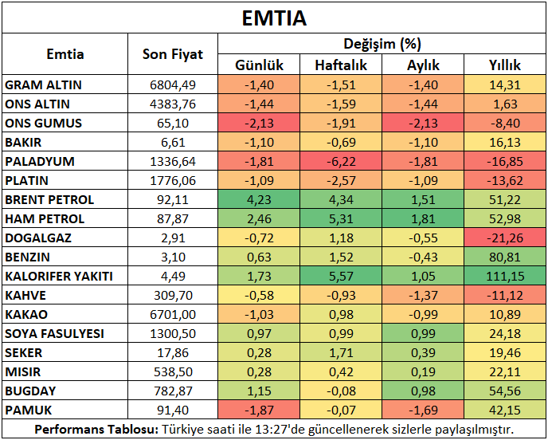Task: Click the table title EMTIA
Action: coord(274,18)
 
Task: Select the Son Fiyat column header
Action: coord(173,54)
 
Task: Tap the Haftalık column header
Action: coord(341,65)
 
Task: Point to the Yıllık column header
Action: coord(505,65)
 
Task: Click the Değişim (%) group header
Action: coord(382,44)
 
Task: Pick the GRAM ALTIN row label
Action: coord(43,85)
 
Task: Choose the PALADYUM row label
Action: coord(40,162)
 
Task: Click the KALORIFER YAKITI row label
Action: coord(59,277)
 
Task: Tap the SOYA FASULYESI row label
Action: coord(54,334)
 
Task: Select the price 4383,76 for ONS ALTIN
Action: coord(173,104)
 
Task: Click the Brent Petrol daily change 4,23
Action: coord(259,200)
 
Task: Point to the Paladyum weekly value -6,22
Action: coord(341,162)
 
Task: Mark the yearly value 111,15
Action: coord(505,277)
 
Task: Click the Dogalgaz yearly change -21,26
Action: coord(505,238)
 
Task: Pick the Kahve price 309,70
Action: coord(173,296)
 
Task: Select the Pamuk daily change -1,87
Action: coord(259,410)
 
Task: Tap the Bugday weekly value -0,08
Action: coord(341,391)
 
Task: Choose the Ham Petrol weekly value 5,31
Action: coord(341,219)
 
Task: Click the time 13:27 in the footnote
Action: coord(270,429)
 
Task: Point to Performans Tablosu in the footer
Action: coord(96,429)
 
